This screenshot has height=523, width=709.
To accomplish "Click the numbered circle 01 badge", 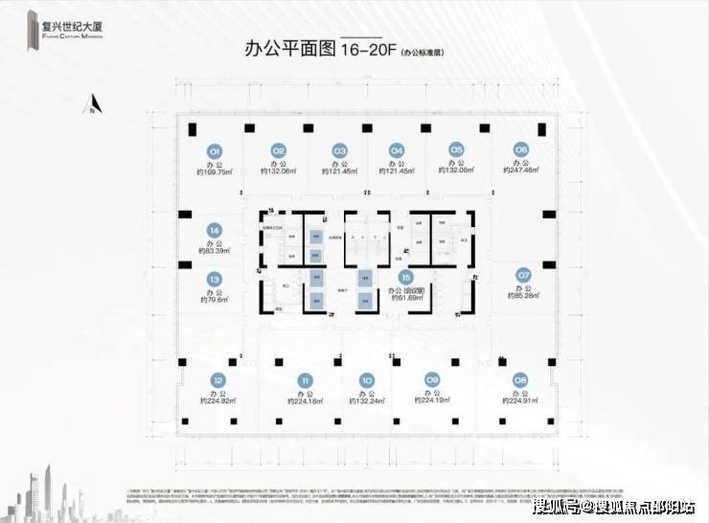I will point(216,150).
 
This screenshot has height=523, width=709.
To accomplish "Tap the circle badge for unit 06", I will point(521,149).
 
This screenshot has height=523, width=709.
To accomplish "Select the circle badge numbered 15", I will point(406,276).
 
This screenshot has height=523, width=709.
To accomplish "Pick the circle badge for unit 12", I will point(218,379).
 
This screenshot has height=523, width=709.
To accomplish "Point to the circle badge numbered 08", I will point(521,379).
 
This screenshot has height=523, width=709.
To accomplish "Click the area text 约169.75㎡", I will point(216,172).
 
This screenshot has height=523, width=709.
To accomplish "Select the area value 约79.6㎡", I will point(214,300).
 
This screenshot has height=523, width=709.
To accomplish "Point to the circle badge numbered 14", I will point(215,230).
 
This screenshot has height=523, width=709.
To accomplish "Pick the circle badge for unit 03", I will point(339,150).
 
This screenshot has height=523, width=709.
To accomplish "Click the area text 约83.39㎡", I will point(215,252).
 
